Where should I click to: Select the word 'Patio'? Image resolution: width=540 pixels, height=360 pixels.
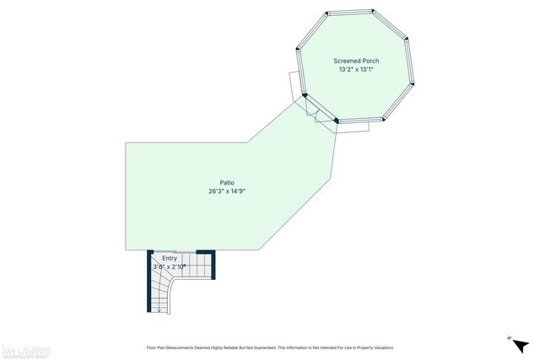[x=227, y=182]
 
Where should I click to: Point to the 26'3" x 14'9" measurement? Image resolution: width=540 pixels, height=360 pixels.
[x=227, y=191]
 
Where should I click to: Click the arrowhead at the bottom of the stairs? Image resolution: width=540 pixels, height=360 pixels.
[x=159, y=310]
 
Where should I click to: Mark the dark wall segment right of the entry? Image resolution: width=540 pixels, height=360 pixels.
[x=213, y=265]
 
